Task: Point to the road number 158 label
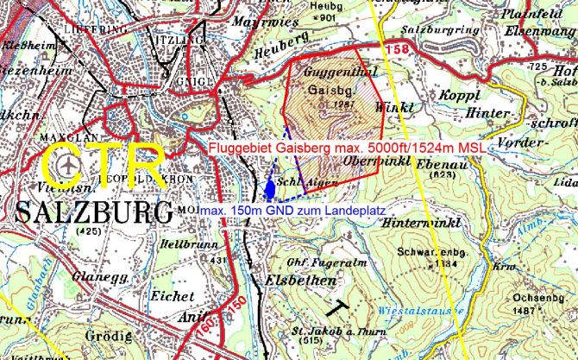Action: [x=397, y=51]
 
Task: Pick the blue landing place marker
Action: [x=271, y=187]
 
